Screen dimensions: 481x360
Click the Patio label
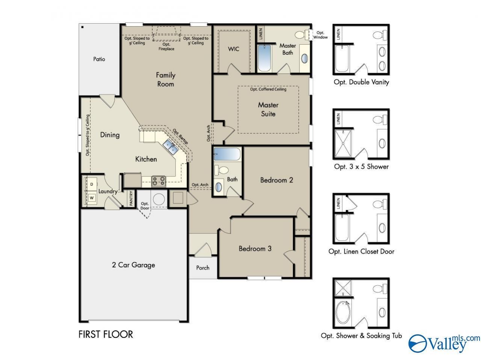[99, 59]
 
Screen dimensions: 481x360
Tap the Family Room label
[165, 80]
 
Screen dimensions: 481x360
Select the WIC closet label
[233, 49]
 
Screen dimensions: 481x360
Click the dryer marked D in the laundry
[92, 184]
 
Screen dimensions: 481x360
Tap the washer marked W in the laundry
[92, 198]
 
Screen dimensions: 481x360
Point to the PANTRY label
[131, 198]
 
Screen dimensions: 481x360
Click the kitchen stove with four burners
[159, 181]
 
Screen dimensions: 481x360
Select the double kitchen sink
[171, 147]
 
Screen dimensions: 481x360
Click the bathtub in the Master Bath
[264, 58]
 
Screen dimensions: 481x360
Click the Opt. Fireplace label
[166, 47]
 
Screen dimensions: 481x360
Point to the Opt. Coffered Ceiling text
[268, 89]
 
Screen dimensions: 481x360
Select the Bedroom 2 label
[277, 180]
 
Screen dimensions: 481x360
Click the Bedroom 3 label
[255, 249]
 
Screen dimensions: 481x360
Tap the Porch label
[203, 268]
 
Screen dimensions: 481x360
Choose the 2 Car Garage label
[133, 265]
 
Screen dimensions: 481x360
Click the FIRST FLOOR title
[106, 334]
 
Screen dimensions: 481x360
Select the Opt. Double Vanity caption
[361, 82]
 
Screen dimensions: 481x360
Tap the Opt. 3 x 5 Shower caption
[361, 167]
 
